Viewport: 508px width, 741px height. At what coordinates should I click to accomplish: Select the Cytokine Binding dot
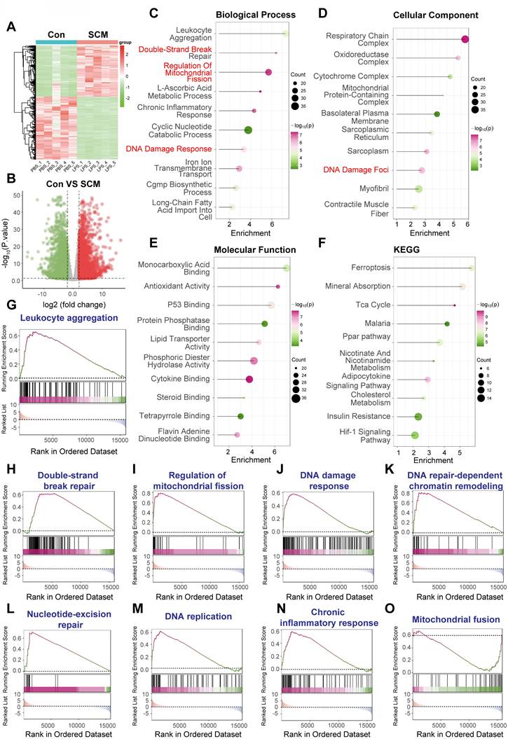coord(249,379)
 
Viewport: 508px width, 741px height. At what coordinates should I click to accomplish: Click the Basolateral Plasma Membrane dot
coord(437,114)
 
